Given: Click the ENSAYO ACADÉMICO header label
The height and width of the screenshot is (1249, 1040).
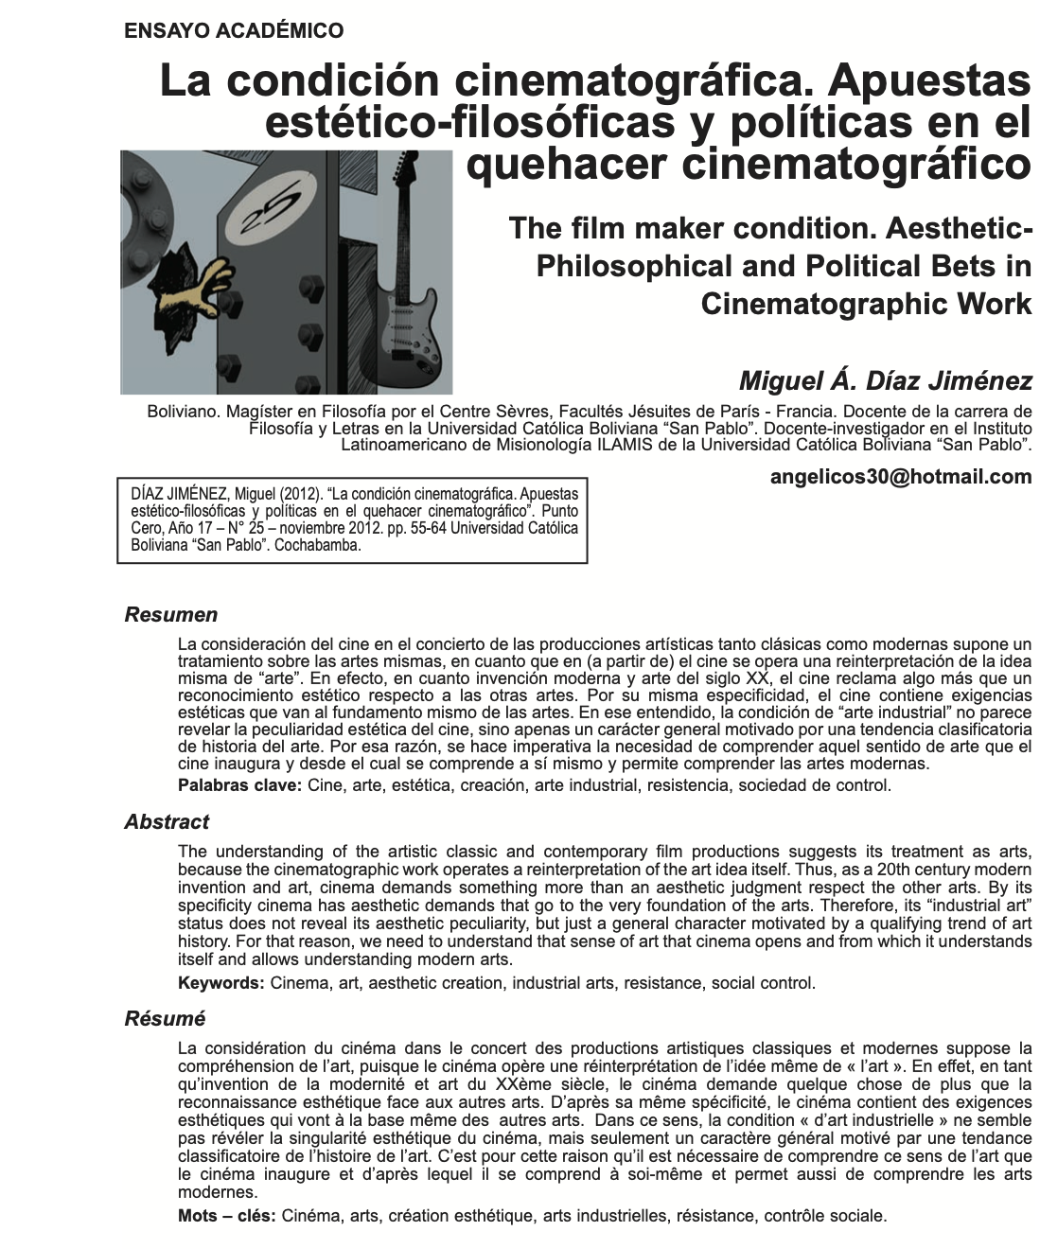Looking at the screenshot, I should click(x=234, y=31).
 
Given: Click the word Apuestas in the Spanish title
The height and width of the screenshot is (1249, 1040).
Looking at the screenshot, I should click(x=928, y=81).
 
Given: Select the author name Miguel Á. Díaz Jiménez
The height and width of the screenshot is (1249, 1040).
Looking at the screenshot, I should click(x=885, y=380).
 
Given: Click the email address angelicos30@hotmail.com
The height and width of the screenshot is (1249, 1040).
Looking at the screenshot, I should click(x=901, y=477).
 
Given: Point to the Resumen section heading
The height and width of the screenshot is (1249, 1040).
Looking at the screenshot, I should click(x=171, y=615).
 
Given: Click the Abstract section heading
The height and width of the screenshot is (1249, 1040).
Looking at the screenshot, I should click(x=167, y=822).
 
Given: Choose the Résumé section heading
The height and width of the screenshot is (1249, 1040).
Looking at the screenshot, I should click(x=165, y=1019).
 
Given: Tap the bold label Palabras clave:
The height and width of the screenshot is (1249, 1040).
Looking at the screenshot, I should click(x=239, y=785).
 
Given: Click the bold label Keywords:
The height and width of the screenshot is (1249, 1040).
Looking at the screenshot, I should click(x=220, y=983).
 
